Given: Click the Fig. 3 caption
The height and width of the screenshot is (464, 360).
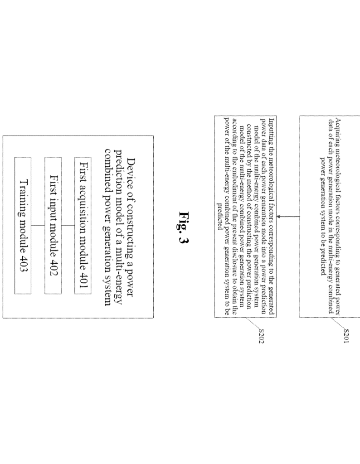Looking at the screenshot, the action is [x=184, y=227].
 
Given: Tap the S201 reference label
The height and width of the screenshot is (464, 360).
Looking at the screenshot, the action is [x=346, y=336].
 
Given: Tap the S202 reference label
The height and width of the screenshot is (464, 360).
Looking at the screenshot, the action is [x=261, y=336].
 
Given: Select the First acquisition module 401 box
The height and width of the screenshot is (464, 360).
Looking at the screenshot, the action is [x=83, y=226].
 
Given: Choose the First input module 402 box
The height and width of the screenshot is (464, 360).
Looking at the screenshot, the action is [x=53, y=226].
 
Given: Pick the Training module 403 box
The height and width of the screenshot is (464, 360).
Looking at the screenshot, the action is [x=23, y=226].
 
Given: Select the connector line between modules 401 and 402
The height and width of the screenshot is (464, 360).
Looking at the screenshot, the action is [x=68, y=226].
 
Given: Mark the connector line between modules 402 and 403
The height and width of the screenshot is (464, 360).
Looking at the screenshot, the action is [x=38, y=226].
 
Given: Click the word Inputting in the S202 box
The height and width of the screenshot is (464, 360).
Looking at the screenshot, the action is [x=271, y=127].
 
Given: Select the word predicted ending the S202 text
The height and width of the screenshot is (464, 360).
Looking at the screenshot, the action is [x=219, y=216].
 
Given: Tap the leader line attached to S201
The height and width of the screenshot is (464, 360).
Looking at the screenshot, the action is [x=337, y=323].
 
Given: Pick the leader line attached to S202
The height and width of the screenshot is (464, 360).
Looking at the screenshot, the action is [x=252, y=323].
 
